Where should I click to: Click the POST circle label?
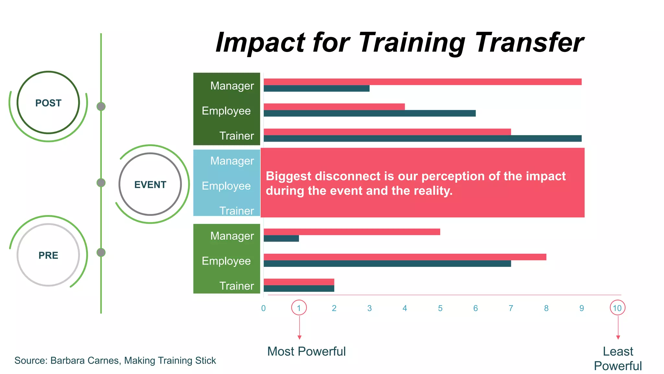[48, 103]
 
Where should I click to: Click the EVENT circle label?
[150, 185]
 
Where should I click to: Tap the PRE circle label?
[48, 256]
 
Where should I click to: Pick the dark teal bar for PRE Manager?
[281, 239]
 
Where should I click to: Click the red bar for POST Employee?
[334, 107]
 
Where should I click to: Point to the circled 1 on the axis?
[299, 308]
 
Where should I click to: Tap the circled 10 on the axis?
[617, 308]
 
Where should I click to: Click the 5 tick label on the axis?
[440, 308]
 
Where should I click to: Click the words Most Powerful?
[306, 352]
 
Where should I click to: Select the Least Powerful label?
[618, 359]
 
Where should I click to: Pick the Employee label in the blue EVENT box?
[226, 186]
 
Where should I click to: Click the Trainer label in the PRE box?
[236, 286]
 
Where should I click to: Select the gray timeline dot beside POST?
[101, 106]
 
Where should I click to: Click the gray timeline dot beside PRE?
[101, 252]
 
